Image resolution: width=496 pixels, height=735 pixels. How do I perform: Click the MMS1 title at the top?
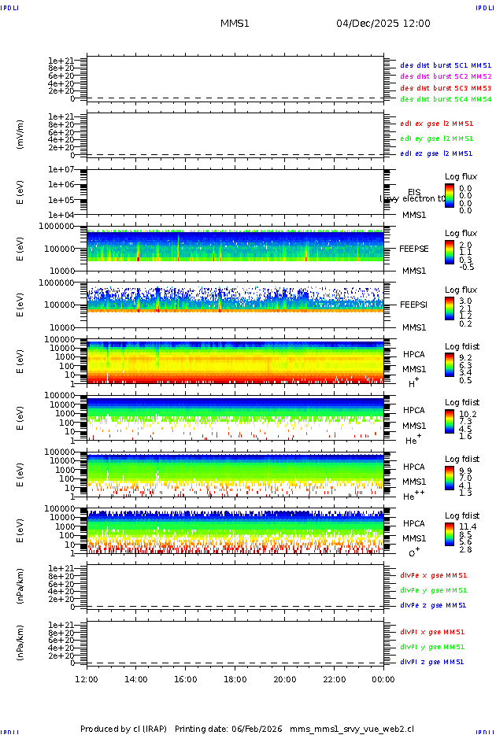235,24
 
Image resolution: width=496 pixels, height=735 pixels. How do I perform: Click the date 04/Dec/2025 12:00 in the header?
383,24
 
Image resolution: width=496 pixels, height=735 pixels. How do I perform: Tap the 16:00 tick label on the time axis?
185,679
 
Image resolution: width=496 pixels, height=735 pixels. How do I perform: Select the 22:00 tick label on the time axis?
334,679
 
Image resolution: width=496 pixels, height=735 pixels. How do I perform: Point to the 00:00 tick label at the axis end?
383,679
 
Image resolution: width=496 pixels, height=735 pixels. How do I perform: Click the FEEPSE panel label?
414,248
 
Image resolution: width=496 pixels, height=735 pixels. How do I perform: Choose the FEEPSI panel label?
414,304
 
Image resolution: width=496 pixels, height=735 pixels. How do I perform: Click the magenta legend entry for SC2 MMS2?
446,76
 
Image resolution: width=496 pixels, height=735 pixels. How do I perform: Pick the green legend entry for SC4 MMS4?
446,100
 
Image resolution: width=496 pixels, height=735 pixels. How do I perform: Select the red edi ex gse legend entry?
437,124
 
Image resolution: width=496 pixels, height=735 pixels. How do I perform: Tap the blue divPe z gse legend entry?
434,605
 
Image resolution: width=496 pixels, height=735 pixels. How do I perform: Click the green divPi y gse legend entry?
432,647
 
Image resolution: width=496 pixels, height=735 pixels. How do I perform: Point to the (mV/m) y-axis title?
20,135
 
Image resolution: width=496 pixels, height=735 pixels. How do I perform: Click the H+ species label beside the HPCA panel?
413,383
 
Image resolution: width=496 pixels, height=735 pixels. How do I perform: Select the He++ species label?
413,496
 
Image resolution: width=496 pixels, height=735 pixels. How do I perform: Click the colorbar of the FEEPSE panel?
449,252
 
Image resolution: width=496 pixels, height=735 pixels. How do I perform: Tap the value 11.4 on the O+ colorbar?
466,526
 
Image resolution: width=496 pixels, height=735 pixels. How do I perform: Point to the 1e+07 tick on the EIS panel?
61,169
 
